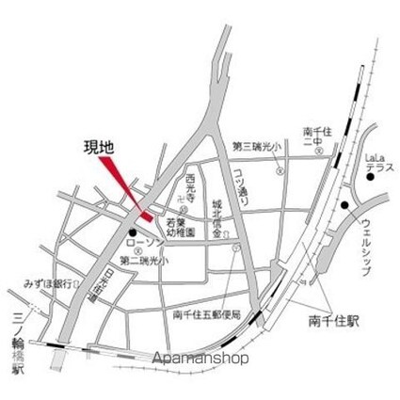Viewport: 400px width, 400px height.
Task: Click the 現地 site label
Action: click(x=97, y=148)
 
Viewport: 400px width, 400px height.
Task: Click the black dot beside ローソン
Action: click(x=134, y=232)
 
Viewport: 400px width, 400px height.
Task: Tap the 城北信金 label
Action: click(x=216, y=216)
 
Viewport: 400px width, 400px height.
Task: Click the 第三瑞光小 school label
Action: click(x=255, y=146)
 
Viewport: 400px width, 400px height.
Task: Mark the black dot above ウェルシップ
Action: click(x=345, y=206)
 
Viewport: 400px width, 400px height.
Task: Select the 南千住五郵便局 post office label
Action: click(x=209, y=314)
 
